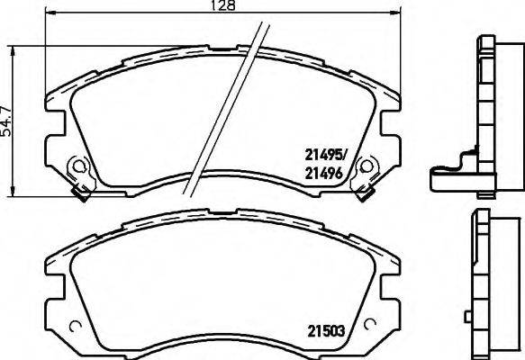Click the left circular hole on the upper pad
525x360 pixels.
(x=78, y=167)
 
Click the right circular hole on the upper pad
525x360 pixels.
(x=367, y=166)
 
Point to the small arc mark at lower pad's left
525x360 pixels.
(x=75, y=326)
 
